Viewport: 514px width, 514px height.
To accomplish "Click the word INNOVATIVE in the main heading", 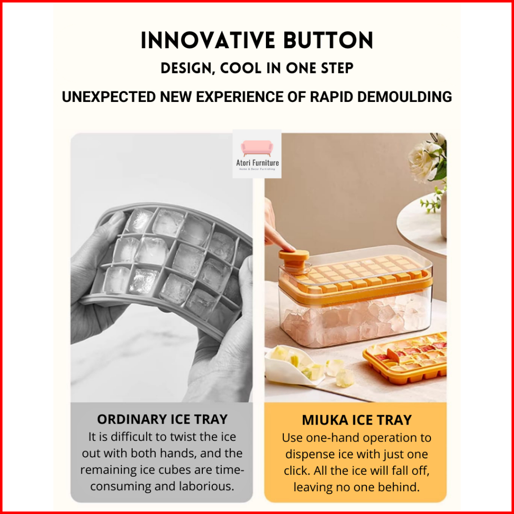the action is pos(208,41).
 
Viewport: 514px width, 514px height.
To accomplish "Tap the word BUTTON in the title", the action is pos(328,41).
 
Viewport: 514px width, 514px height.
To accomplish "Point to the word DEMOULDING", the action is pos(405,97).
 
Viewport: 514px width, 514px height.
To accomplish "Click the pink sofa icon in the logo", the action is pos(257,148).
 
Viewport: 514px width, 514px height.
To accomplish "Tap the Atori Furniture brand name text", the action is pos(257,163).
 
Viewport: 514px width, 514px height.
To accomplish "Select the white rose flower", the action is pos(425,160).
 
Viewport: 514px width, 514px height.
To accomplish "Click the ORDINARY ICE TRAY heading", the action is pos(162,419).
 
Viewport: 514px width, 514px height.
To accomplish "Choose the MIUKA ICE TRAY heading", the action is pos(356,420).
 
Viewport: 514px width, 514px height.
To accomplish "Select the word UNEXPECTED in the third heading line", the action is pos(109,97).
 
